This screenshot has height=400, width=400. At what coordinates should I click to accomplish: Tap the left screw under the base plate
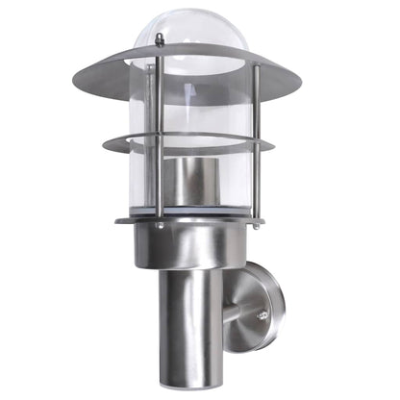click(x=160, y=227)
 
